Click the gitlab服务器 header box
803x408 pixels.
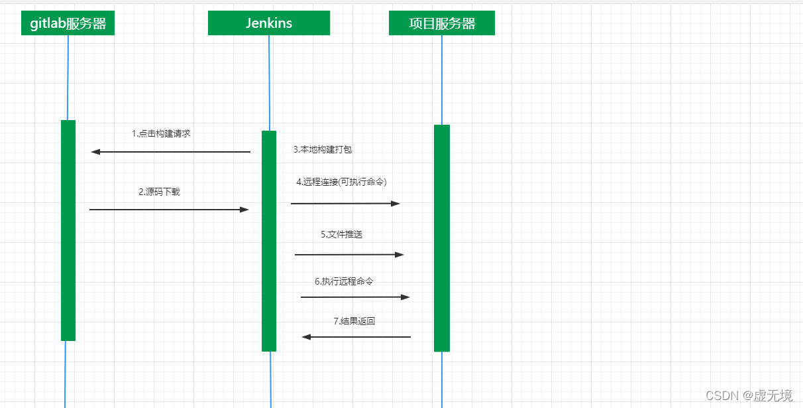click(68, 24)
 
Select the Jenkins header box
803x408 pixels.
click(268, 23)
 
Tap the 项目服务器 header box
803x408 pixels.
click(441, 23)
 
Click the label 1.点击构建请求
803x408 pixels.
click(161, 133)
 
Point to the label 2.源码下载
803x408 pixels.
click(159, 192)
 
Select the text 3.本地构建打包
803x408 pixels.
click(323, 150)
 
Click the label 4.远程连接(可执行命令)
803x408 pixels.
click(341, 182)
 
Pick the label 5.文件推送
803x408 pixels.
click(342, 234)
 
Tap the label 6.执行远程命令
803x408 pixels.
click(344, 281)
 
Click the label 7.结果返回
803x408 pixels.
click(354, 321)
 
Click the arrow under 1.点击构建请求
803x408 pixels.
click(170, 152)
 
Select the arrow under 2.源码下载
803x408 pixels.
click(169, 210)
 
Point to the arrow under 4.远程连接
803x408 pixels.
click(345, 204)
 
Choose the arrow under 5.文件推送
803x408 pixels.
click(349, 255)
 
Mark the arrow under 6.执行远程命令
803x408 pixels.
click(355, 297)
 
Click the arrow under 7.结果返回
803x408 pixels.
click(356, 337)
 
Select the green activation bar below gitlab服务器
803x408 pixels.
click(68, 230)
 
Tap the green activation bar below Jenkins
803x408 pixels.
click(269, 241)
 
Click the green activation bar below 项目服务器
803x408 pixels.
click(442, 238)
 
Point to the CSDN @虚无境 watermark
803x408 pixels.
click(749, 396)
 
